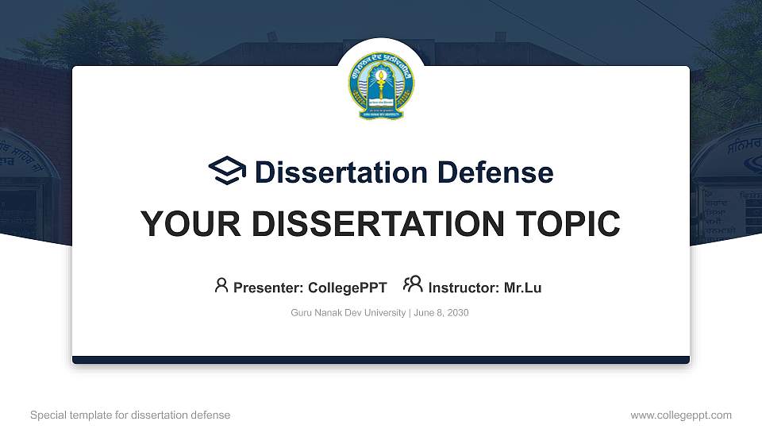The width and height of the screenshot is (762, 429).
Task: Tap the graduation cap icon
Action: coord(227,171)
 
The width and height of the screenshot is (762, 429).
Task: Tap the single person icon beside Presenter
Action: coord(221,285)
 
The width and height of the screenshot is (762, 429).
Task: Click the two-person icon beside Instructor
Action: coord(413,285)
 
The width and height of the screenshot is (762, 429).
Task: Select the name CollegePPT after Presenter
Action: coord(348,288)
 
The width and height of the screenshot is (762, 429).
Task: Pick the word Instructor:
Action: coord(464,288)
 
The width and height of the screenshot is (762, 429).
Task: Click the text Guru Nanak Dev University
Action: coord(348,313)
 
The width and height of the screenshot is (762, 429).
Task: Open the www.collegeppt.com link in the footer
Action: coord(680,415)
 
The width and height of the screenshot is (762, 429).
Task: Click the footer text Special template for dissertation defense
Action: coord(130,415)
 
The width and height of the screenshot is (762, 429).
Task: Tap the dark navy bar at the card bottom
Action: coord(381,360)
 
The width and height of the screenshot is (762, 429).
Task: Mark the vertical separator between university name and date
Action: coord(410,313)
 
